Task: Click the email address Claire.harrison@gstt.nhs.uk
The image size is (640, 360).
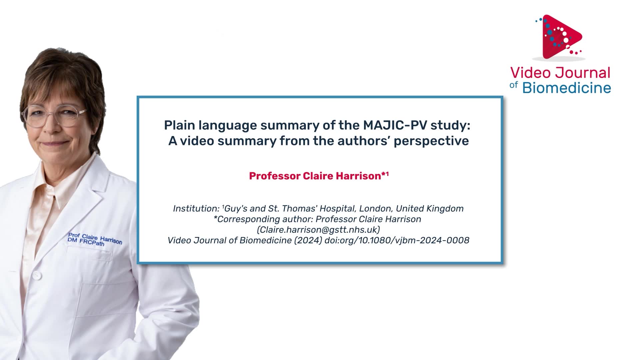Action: pos(319,230)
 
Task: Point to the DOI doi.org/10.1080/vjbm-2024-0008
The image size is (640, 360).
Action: pos(397,240)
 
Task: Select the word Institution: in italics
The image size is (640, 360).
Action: pos(196,209)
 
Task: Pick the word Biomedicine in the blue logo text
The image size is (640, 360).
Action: pos(567,88)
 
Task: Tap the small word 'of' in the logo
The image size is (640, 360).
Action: pos(514,85)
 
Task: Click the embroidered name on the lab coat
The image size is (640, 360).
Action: pos(95,239)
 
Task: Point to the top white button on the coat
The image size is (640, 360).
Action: pos(37,275)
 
